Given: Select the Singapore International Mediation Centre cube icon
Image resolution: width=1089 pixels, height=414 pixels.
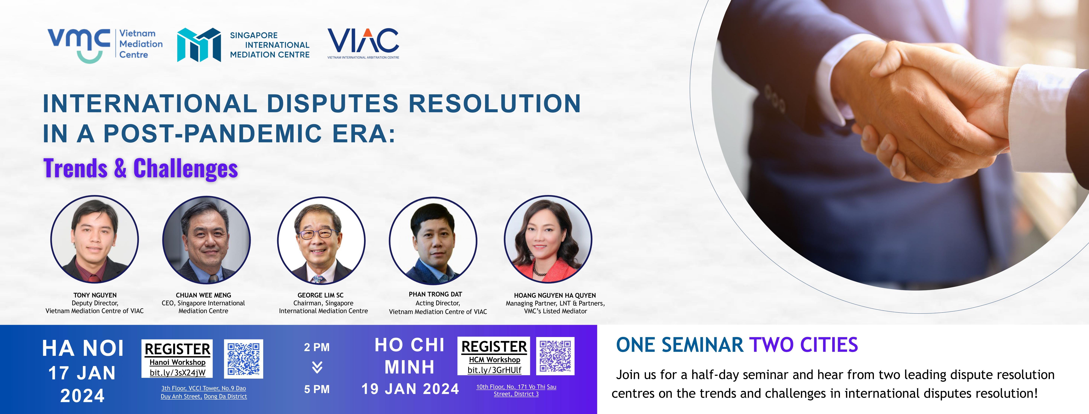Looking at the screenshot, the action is tap(199, 45).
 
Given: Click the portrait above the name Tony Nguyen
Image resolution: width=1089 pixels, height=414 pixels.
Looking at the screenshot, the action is tap(94, 239).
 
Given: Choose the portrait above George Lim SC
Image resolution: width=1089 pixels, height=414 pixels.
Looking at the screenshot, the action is tap(321, 240).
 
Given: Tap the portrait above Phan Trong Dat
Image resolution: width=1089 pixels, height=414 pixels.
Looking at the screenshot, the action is tap(433, 240).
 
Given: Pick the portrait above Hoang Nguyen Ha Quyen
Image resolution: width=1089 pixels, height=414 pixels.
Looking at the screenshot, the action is tap(548, 239).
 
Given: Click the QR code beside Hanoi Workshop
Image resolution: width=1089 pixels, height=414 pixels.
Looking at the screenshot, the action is tap(243, 359).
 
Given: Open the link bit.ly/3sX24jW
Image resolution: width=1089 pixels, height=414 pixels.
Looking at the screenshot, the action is tap(177, 373).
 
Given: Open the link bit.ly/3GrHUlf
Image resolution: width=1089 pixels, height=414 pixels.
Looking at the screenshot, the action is tap(494, 370).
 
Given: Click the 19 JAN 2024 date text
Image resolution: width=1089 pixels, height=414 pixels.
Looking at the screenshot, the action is tap(410, 389).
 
